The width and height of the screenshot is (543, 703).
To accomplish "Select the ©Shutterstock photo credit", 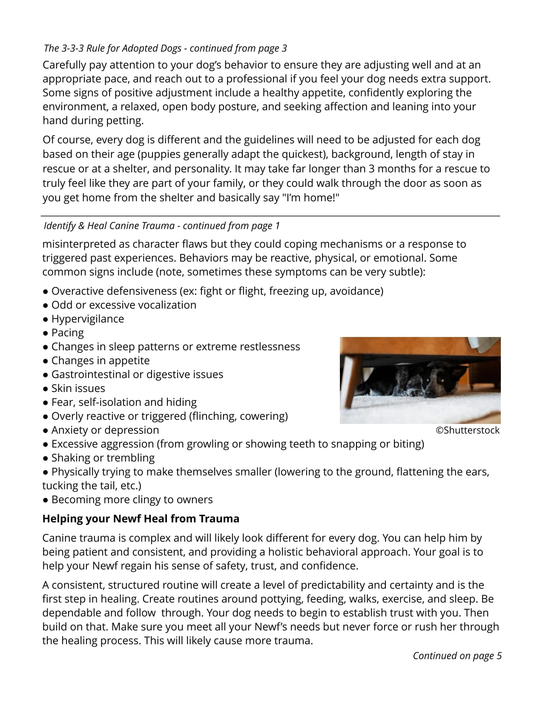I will click(x=467, y=430).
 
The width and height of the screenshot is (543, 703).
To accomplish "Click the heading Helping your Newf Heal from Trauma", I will click(x=141, y=519).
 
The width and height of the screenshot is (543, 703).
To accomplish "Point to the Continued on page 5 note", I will click(x=457, y=656).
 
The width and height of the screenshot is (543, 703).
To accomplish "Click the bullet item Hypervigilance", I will click(x=87, y=319).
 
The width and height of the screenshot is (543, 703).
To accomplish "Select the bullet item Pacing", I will click(x=67, y=333).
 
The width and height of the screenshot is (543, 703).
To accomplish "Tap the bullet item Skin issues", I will click(x=78, y=389).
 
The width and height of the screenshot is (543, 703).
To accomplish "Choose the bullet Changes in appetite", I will click(x=100, y=361).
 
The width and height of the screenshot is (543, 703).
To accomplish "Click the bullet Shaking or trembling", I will click(x=103, y=458).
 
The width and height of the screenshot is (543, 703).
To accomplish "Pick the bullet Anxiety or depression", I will click(x=105, y=430).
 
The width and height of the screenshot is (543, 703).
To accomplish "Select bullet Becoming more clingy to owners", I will click(x=132, y=500).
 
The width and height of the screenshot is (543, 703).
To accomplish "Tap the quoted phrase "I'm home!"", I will click(x=310, y=198).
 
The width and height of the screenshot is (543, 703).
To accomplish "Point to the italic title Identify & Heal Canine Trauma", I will click(x=109, y=226).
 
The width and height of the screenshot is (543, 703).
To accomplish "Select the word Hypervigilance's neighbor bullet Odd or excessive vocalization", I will click(x=124, y=305).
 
